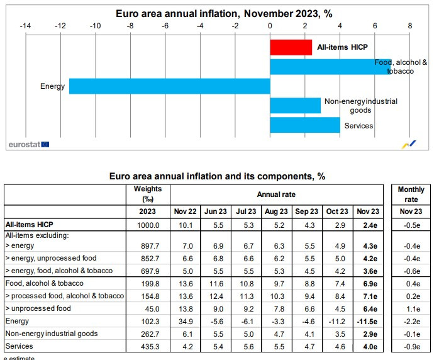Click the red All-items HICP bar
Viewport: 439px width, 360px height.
tap(291, 47)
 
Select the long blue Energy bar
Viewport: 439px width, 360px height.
tap(169, 86)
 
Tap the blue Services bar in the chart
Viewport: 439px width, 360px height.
tap(304, 125)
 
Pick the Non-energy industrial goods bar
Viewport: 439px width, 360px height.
tap(295, 105)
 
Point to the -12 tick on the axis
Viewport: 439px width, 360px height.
tap(60, 26)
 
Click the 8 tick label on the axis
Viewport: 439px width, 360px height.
tap(409, 26)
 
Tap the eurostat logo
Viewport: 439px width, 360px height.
tap(28, 144)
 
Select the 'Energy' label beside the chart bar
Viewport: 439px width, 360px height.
tap(52, 86)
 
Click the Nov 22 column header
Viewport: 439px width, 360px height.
tap(185, 211)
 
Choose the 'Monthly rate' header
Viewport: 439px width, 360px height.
tap(410, 193)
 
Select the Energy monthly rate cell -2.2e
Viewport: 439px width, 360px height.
tap(410, 321)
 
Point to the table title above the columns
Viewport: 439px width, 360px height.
tap(217, 177)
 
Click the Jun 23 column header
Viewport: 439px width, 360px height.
tap(216, 211)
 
